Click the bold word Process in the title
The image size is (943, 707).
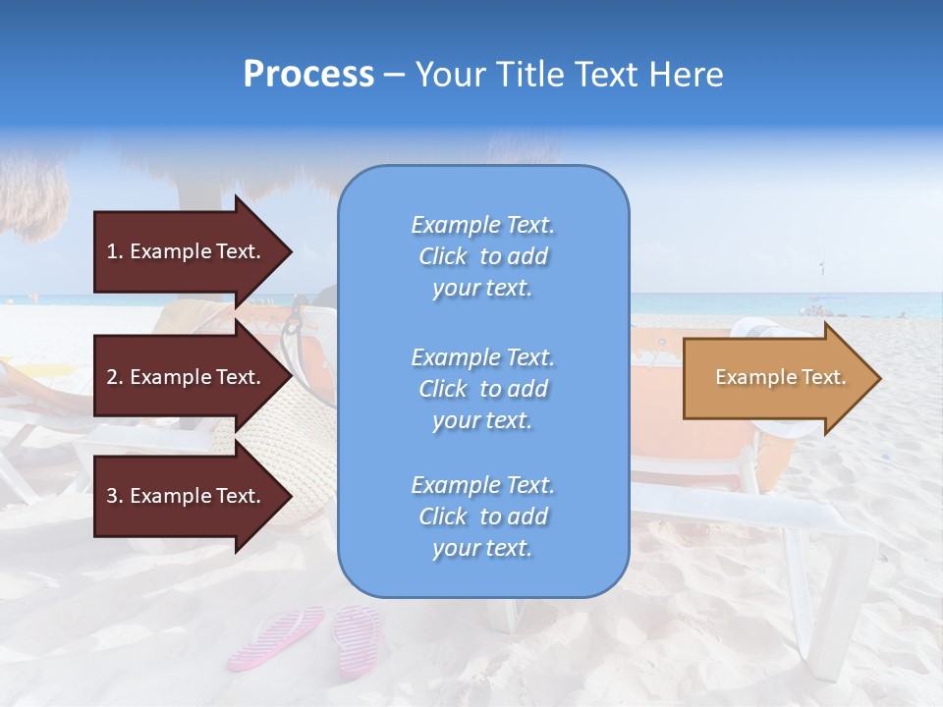[x=308, y=75]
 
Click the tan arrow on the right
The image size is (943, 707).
[x=776, y=378]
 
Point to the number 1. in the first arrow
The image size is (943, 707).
[x=115, y=251]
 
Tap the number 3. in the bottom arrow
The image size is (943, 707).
[x=115, y=496]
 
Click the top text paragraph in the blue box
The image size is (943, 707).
[x=482, y=256]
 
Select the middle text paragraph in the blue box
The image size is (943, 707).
[x=482, y=389]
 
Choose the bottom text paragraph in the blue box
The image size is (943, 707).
[x=482, y=517]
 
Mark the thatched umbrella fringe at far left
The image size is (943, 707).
[x=29, y=196]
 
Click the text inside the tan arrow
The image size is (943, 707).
[x=780, y=377]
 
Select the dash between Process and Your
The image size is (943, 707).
[x=394, y=75]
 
